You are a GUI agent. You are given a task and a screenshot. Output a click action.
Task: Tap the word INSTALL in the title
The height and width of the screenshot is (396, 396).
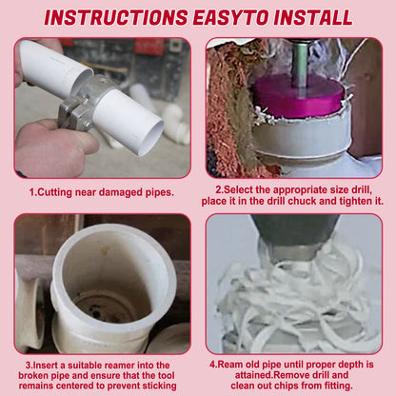point(313,17)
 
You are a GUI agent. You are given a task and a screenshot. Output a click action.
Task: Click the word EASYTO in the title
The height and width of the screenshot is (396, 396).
point(231,17)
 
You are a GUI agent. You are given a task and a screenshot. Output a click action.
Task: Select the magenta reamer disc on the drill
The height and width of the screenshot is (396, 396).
point(300,95)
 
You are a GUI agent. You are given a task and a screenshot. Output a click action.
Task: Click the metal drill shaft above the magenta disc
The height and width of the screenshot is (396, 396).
point(300,65)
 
